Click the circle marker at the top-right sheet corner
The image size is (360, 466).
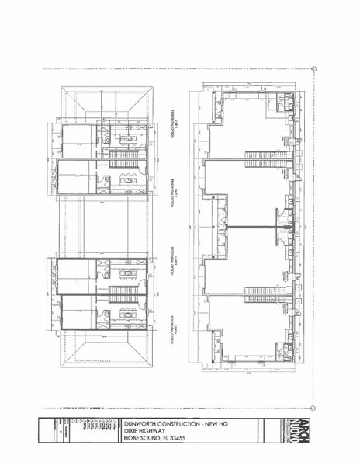tap(315, 68)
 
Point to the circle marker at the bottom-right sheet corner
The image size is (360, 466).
tap(315, 406)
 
